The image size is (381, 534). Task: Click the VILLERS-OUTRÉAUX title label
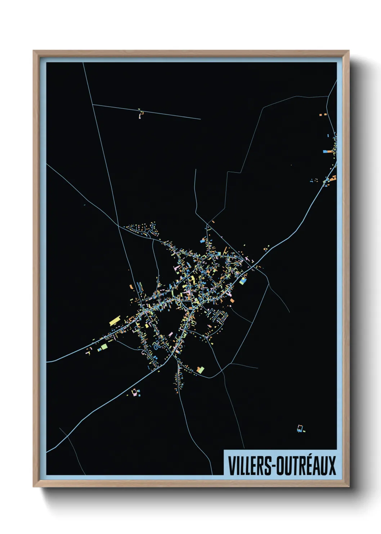point(282,465)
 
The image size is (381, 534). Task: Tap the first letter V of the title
point(231,466)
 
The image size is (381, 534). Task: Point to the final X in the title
point(331,466)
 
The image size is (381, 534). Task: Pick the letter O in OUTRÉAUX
point(280,466)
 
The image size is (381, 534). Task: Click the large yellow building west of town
point(114,320)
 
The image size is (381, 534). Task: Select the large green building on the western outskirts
point(104,347)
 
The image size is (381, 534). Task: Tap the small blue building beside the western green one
point(99,349)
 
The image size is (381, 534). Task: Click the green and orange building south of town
point(201,369)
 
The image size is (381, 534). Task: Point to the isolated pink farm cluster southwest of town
point(135,393)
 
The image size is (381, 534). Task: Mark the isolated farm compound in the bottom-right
point(300,429)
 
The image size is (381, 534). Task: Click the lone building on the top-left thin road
point(140,115)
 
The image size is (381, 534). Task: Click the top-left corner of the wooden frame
point(33,51)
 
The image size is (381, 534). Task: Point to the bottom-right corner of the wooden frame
point(349,486)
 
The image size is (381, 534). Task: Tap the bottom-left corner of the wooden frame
point(33,486)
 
